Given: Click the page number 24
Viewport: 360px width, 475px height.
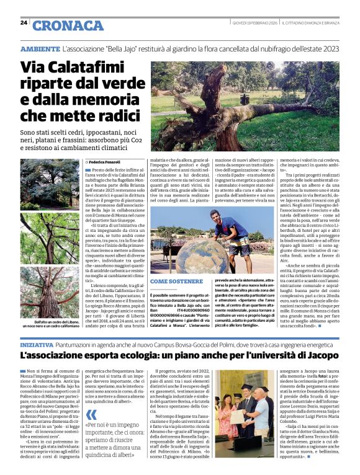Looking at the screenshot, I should point(24,23).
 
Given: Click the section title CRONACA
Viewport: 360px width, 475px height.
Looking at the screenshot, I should point(68,25).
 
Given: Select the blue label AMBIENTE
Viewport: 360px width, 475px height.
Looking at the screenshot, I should point(40,48).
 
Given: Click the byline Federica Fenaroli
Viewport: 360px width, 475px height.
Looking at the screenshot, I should point(104,161).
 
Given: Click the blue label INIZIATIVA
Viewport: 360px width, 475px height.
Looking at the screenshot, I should point(37,344).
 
